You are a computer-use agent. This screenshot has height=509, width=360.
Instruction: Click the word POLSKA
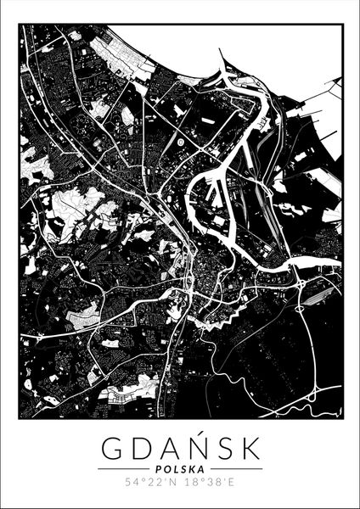click(179, 468)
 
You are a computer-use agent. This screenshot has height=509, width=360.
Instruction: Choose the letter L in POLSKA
click(175, 468)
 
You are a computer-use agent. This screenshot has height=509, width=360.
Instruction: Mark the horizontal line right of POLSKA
click(235, 468)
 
